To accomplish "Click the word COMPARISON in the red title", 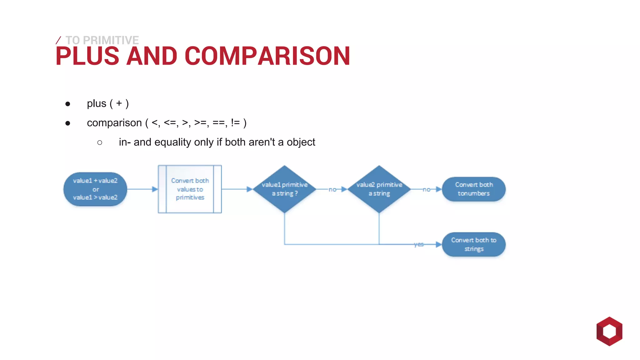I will (267, 56).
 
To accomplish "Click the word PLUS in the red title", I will (87, 56).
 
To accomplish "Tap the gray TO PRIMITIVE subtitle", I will (102, 40).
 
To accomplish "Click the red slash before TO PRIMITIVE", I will (58, 40).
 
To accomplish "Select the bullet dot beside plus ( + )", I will (68, 104).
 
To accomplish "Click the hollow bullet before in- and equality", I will (100, 143).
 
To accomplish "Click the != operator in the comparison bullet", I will (235, 123).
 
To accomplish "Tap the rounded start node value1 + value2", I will (95, 189).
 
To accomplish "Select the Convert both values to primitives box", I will (190, 189).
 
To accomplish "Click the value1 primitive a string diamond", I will (284, 189).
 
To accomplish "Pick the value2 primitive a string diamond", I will (379, 189).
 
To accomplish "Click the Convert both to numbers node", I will (474, 189).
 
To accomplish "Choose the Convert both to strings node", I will (474, 244).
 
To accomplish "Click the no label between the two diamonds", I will (332, 189).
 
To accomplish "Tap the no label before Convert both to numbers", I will (427, 189).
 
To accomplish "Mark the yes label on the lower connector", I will (419, 244).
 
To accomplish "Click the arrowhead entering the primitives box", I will (155, 189).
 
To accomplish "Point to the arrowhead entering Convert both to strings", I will (438, 244).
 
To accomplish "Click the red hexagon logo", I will (609, 331).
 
